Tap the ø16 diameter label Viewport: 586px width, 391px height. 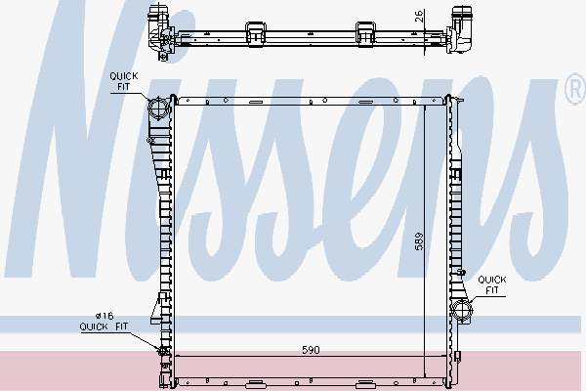pos(105,315)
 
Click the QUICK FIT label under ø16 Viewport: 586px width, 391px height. pos(104,327)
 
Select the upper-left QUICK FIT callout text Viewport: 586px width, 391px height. pos(123,81)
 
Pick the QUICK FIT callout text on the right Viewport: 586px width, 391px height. pos(492,284)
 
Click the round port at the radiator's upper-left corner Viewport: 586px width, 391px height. pos(157,107)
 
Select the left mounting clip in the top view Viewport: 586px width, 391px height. pos(258,30)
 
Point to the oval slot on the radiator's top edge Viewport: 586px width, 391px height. pos(257,101)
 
